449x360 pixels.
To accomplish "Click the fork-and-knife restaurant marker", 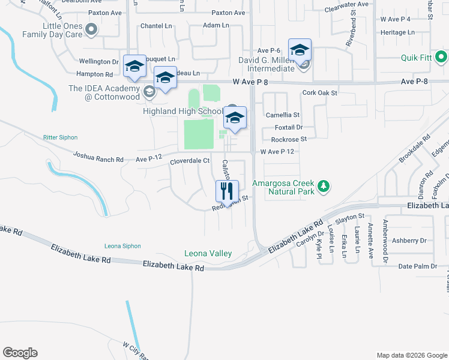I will click(x=227, y=191).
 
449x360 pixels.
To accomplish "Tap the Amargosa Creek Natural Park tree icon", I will click(x=324, y=187).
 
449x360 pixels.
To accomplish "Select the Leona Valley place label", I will click(x=208, y=254).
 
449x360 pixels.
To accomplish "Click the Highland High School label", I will click(x=182, y=111).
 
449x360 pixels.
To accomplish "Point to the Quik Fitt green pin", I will click(x=441, y=58).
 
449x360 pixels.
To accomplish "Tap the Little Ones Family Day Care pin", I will click(x=91, y=28).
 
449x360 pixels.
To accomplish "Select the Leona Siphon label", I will click(x=122, y=246).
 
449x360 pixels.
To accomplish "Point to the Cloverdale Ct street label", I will click(x=189, y=161).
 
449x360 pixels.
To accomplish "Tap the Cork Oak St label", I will click(x=320, y=93).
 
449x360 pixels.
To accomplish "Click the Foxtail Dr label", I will click(x=289, y=127).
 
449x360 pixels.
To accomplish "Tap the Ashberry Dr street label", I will click(x=408, y=241).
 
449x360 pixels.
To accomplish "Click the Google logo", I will click(x=20, y=353).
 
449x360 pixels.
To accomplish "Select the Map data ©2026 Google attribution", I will click(x=411, y=355).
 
